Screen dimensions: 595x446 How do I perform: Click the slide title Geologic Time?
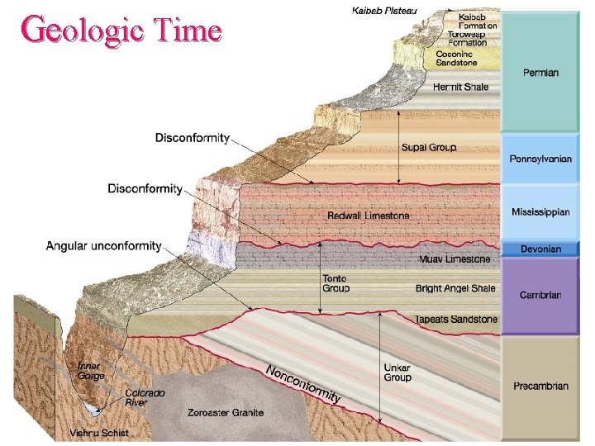pos(121,31)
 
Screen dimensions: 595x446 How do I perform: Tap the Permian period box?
pos(540,73)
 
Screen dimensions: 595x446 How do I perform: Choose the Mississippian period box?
pos(540,211)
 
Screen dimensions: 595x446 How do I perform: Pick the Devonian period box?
pos(540,249)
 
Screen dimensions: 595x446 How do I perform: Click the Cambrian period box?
pos(540,295)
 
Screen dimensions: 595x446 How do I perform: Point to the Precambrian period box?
pos(540,386)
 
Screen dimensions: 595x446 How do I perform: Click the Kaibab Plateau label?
pos(385,10)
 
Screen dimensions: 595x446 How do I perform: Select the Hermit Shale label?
pos(461,86)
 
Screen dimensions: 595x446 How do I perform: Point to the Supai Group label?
pos(428,148)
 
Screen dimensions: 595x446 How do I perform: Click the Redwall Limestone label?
pos(369,216)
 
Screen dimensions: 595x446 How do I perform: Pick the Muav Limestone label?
pos(455,259)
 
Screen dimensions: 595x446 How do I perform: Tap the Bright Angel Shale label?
pos(455,288)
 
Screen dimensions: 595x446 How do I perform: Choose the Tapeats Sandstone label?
pos(456,319)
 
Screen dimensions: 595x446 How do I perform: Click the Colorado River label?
pos(145,398)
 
